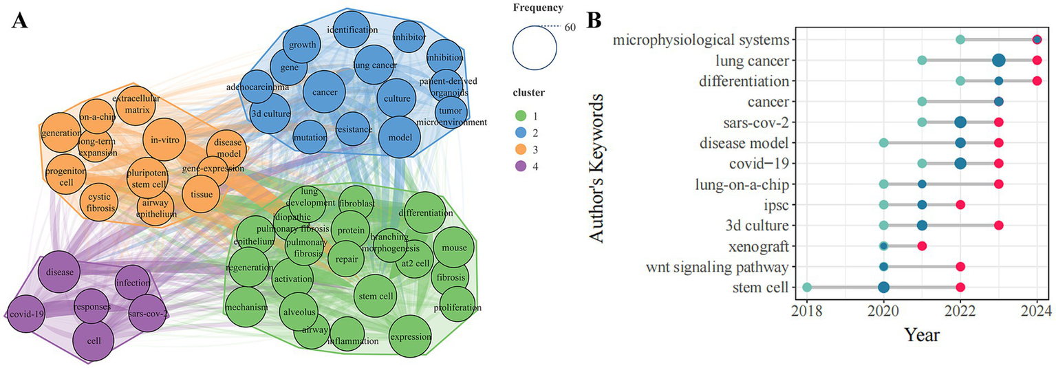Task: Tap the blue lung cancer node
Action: point(373,65)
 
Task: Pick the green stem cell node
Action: point(376,296)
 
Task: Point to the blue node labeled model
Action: point(399,137)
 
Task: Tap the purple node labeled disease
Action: point(60,272)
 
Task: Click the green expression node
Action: point(410,336)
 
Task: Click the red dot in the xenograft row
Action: point(922,246)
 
